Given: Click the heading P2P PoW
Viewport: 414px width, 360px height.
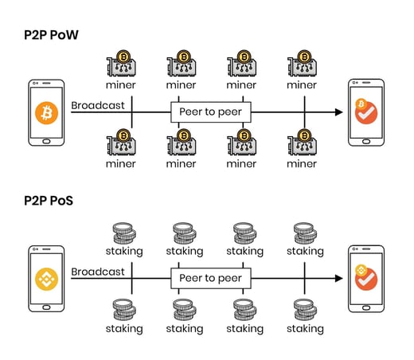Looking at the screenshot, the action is coord(51,35).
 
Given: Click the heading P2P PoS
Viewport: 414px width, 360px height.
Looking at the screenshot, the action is coord(49,201).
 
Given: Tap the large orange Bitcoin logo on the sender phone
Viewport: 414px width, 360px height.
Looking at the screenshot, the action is coord(47,113).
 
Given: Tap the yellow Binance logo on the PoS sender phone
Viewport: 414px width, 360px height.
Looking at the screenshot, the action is coord(47,279).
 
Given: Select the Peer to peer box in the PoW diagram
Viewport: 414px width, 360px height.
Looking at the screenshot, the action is coord(211,112).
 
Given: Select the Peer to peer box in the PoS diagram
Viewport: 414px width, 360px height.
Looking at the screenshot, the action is coord(211,278).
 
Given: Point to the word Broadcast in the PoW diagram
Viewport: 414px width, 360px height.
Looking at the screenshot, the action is coord(98,105).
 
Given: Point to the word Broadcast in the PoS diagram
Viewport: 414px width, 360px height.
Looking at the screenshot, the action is coord(98,272).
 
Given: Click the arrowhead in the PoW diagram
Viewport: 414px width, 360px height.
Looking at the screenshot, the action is coord(338,112).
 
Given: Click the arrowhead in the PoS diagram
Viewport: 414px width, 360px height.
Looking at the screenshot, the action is coord(338,278).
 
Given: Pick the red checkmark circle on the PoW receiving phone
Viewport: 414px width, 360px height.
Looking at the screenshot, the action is coord(367,114).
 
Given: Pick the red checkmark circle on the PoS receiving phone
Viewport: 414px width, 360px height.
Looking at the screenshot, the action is coord(367,280).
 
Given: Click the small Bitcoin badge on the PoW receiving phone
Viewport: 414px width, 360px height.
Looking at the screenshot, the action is coord(361,104).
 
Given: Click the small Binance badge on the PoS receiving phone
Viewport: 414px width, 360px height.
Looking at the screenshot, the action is coord(361,270).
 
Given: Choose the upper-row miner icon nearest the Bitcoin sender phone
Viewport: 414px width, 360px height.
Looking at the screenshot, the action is coord(121,63).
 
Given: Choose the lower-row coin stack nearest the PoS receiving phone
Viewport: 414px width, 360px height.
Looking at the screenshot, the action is coord(305,310).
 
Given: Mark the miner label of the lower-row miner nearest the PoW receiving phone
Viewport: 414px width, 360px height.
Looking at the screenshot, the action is coord(302,164).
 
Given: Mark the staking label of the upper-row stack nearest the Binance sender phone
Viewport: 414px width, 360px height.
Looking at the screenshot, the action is coord(124,252).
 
